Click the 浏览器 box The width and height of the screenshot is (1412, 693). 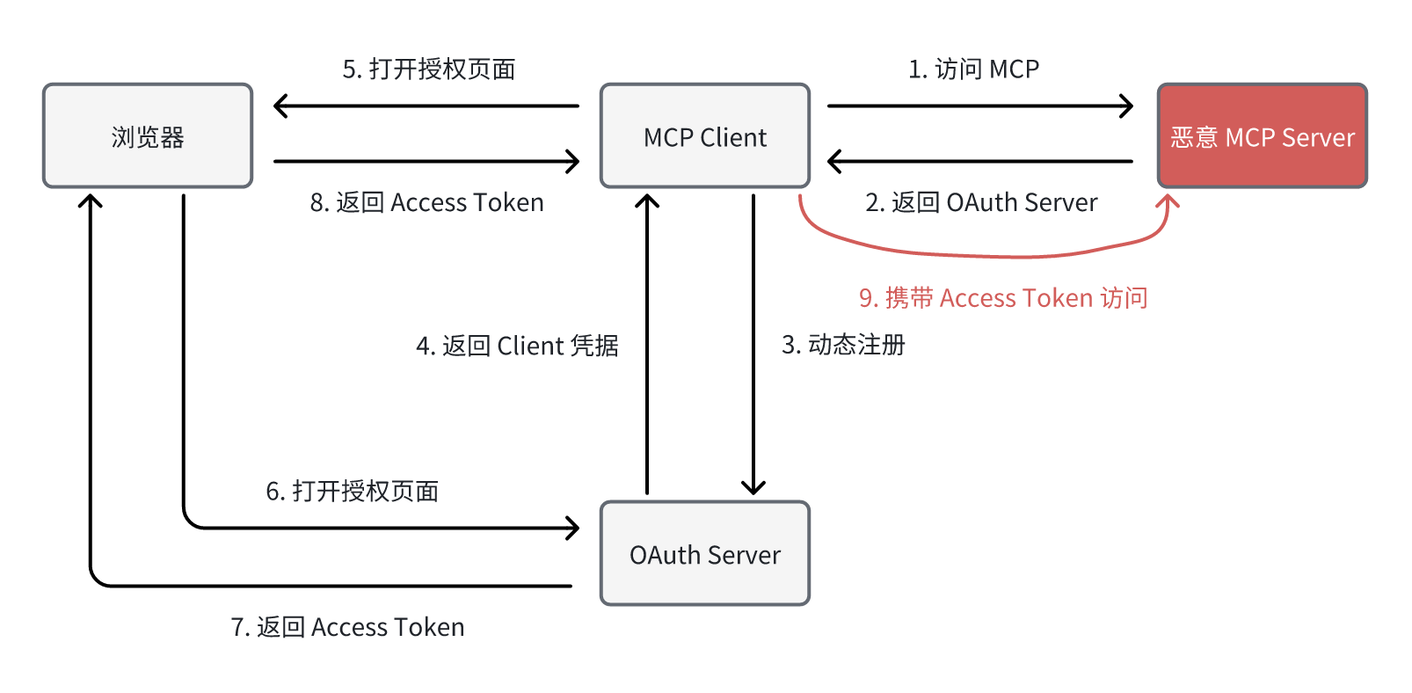(148, 136)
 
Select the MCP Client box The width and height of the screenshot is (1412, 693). (704, 136)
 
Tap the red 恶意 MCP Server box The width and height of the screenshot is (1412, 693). (1262, 136)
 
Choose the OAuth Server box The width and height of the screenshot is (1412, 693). (704, 554)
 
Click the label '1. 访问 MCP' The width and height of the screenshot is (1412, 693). (973, 69)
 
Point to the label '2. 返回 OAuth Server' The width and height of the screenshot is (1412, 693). (981, 202)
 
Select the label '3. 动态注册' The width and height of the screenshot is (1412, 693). (843, 345)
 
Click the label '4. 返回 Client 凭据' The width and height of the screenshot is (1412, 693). (517, 346)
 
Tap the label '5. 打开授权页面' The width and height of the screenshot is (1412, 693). (429, 69)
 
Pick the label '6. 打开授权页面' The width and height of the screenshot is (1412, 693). (353, 491)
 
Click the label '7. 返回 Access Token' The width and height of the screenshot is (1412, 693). (347, 627)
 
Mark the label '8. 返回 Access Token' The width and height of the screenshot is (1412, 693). (426, 202)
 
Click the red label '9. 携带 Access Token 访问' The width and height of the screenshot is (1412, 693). (1003, 298)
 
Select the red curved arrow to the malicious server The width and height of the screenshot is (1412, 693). (985, 254)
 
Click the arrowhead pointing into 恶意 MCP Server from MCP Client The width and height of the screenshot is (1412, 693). (1127, 106)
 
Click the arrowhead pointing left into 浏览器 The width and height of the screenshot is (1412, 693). (280, 106)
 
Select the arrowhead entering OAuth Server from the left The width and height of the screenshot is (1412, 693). (573, 528)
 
